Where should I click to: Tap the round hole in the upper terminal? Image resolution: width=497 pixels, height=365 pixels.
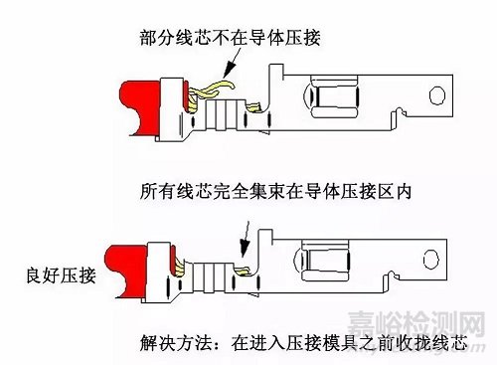[x=434, y=95]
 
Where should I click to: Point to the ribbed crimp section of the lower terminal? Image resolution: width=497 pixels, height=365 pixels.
[x=208, y=271]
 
